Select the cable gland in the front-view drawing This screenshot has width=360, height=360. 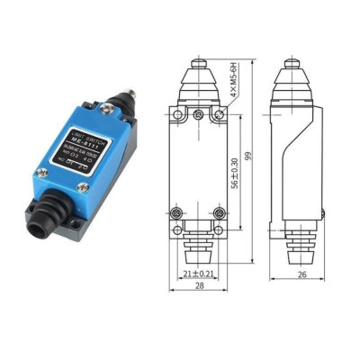click(x=198, y=245)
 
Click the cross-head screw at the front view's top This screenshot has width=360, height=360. click(x=198, y=113)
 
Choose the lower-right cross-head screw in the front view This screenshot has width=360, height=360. click(x=220, y=214)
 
